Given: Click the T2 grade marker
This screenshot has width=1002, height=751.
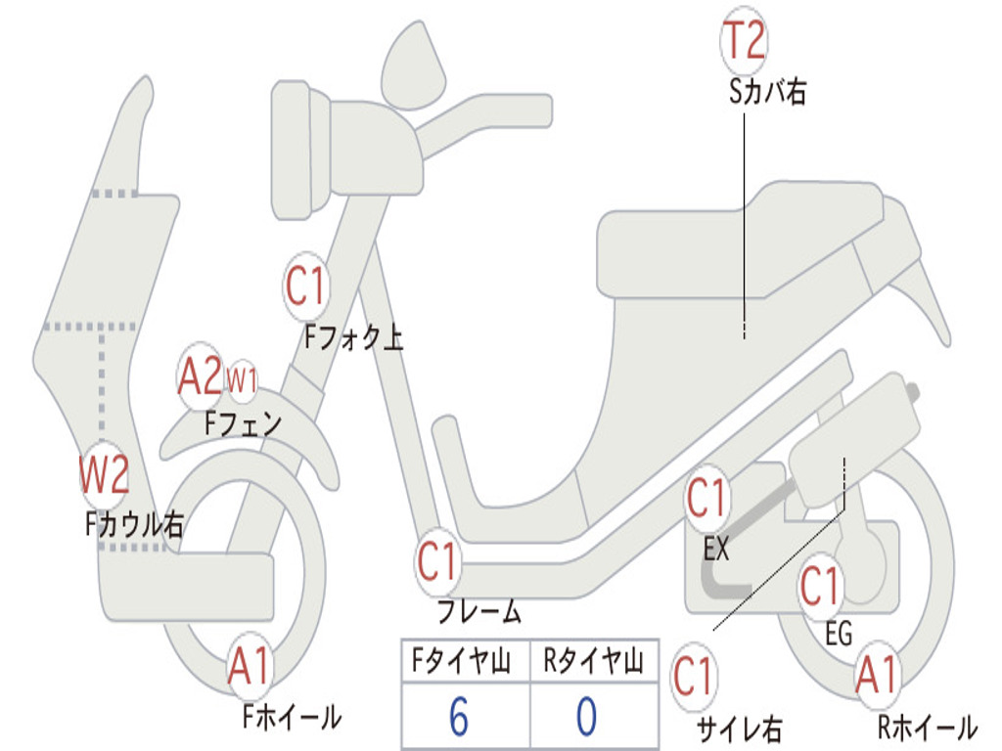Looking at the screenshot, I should coord(744,42).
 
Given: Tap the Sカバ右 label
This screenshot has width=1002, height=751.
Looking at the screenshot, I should coord(768,92).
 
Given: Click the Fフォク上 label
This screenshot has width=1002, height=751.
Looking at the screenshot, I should coord(353,338).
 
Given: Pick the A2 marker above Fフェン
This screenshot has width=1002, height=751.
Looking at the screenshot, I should coord(201,376).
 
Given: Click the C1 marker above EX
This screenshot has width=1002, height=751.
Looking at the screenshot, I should coord(707,499).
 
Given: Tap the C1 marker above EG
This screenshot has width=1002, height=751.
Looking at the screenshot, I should coord(820,587).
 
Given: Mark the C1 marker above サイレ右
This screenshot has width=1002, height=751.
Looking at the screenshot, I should coord(693,676).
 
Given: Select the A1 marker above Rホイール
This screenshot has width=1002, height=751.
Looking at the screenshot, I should coord(876,676).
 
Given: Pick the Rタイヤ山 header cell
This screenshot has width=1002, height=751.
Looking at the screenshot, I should coord(593,663).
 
